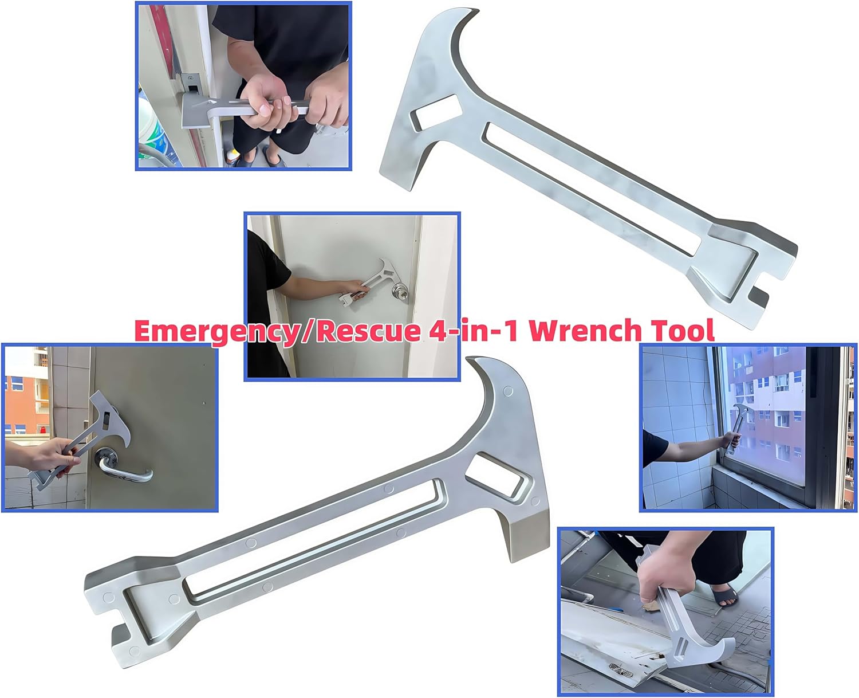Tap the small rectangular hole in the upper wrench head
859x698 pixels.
point(436,112)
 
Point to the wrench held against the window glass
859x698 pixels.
point(736,427)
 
